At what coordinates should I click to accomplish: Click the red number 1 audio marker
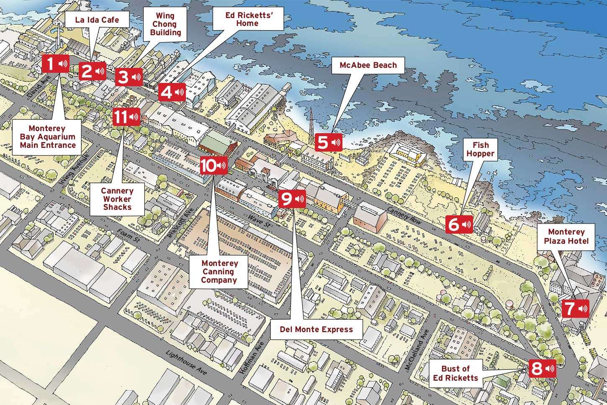55,64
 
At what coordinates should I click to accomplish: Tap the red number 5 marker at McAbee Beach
328,142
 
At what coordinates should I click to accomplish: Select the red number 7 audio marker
575,309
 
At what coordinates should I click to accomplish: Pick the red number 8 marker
542,369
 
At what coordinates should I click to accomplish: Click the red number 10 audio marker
213,165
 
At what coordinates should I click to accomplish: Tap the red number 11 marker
126,117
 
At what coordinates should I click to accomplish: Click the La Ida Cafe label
97,20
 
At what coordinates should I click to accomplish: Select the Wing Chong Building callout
165,24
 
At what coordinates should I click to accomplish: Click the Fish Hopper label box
480,150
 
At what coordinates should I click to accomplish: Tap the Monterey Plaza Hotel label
566,236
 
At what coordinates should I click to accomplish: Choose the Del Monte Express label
316,329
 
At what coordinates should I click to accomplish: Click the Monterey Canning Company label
219,271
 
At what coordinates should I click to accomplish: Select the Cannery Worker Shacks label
117,199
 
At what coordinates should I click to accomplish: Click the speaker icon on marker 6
466,225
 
